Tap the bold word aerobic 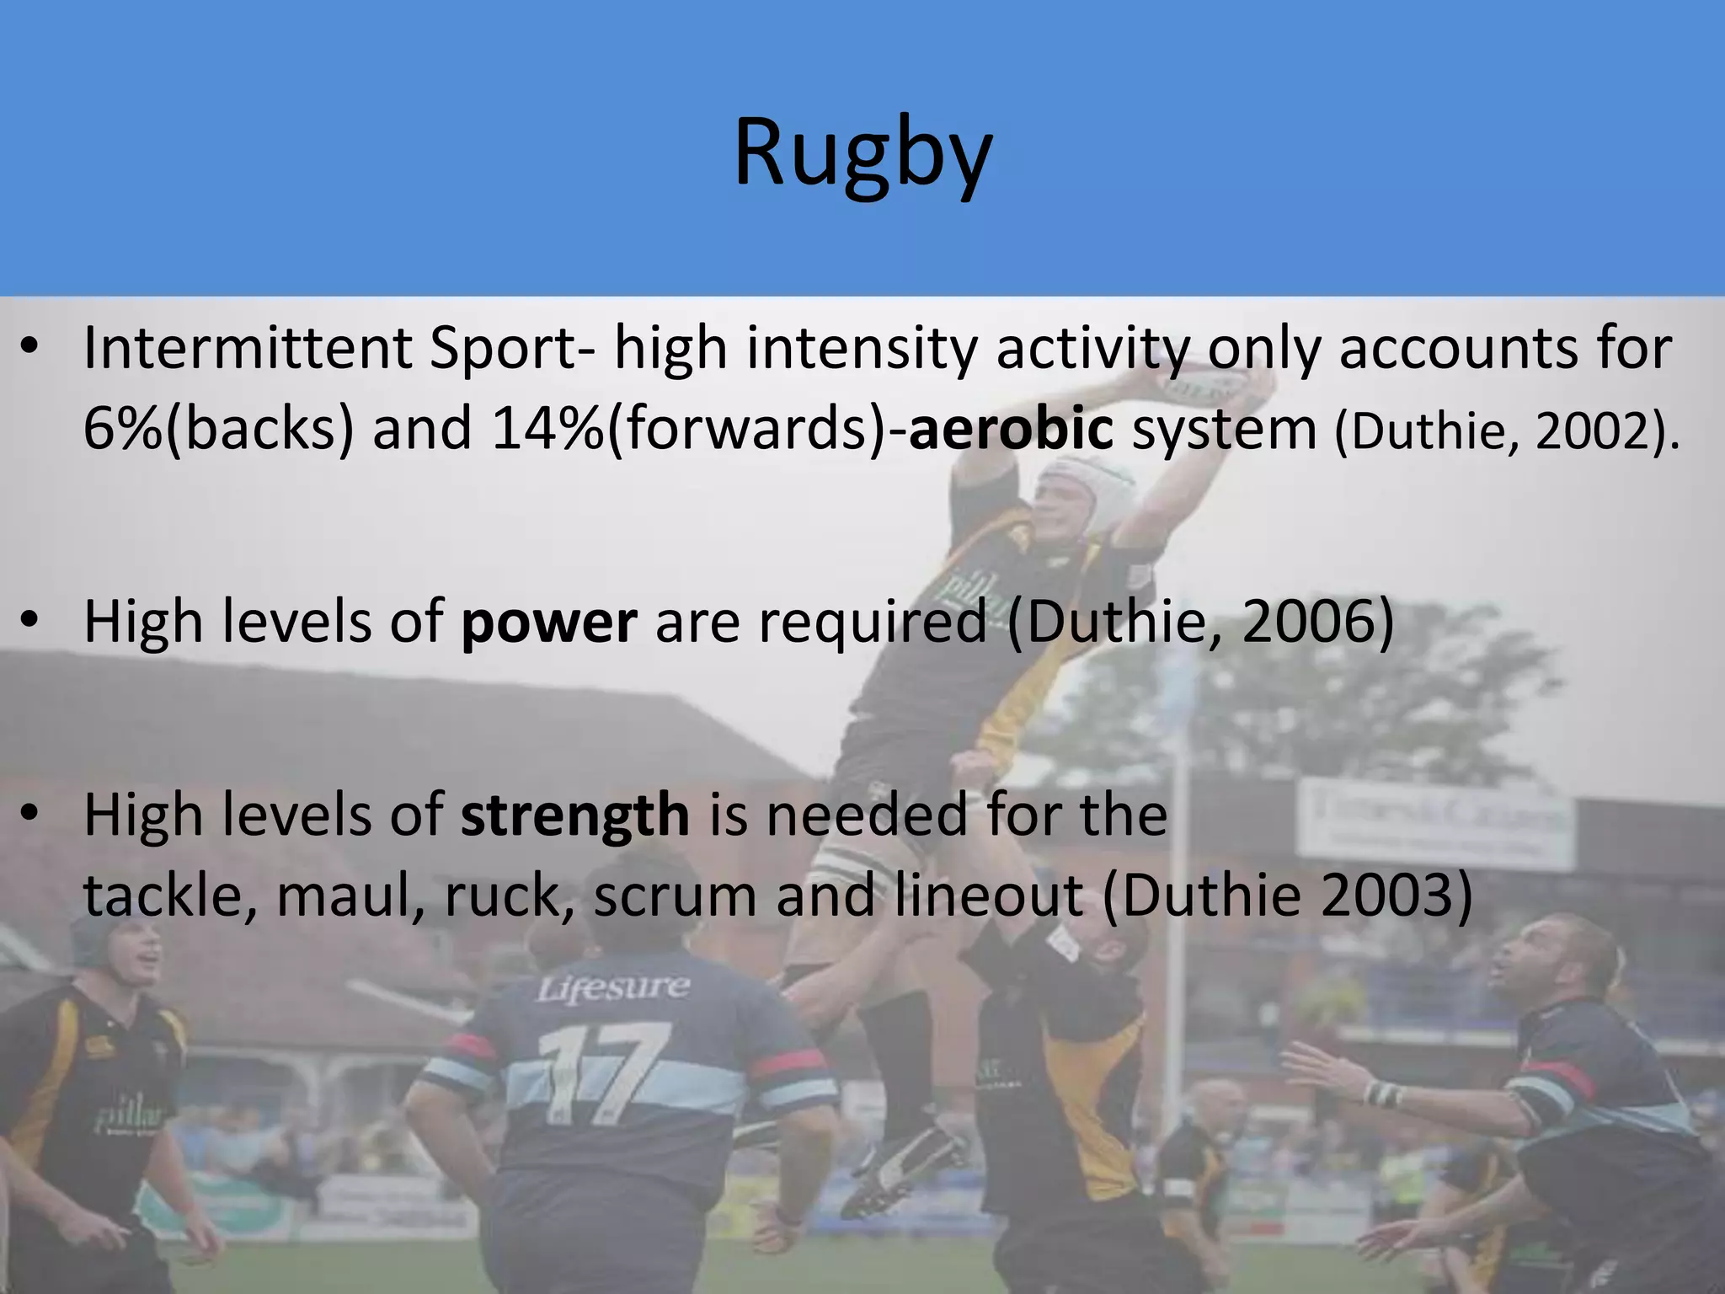(x=1011, y=429)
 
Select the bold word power (x=548, y=622)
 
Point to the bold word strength (x=575, y=815)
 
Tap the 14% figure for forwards (x=547, y=429)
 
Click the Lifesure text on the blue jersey (x=614, y=987)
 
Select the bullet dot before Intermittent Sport (x=31, y=349)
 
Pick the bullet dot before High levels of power (x=31, y=623)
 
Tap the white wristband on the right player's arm (x=1381, y=1094)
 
